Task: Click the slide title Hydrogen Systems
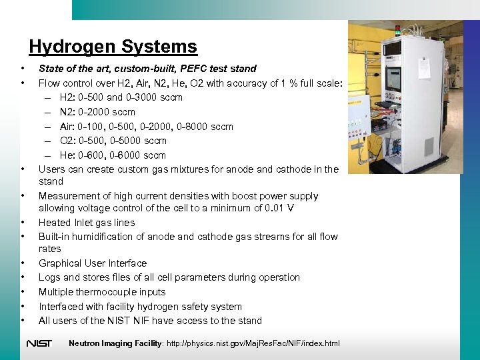click(113, 47)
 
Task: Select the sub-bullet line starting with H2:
click(121, 97)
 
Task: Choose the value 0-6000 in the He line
click(133, 155)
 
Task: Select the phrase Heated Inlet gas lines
click(87, 223)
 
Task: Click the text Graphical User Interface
click(93, 263)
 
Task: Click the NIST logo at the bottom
click(39, 343)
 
